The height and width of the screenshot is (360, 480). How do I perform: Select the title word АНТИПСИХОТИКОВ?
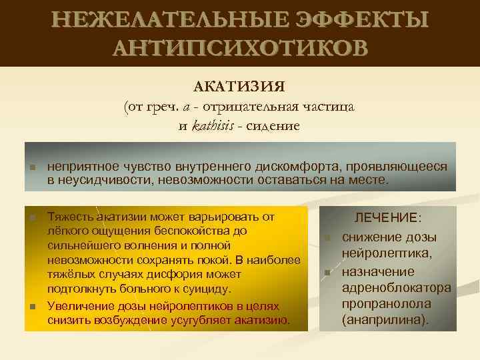(240, 48)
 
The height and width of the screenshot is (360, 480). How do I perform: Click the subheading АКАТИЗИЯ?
(239, 87)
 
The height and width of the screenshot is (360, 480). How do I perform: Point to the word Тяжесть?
(71, 216)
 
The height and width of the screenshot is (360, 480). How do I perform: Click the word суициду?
(204, 289)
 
